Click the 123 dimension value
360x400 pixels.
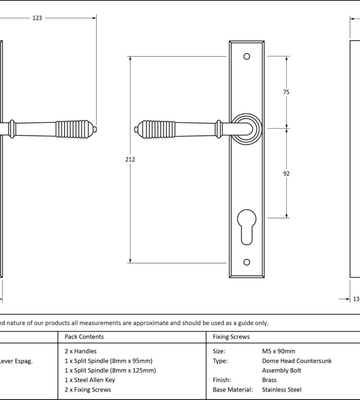(x=37, y=18)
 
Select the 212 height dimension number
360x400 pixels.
(x=130, y=159)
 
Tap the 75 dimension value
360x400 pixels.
(x=286, y=92)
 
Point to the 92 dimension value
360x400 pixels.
(x=286, y=173)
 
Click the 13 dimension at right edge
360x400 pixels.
(x=356, y=299)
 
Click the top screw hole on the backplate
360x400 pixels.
(x=247, y=56)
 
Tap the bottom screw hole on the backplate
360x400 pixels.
(x=247, y=262)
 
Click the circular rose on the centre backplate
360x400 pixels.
(x=247, y=128)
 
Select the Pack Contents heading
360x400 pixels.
(x=84, y=337)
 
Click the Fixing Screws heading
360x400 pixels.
(x=231, y=337)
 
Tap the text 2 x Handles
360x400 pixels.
(x=80, y=351)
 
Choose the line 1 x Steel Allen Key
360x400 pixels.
(x=90, y=380)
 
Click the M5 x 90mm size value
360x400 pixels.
(x=278, y=351)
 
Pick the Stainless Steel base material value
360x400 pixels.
(x=282, y=390)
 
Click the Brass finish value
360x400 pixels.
(x=269, y=380)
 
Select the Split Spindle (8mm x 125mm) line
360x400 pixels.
(x=110, y=370)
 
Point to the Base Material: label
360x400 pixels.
(x=233, y=390)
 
